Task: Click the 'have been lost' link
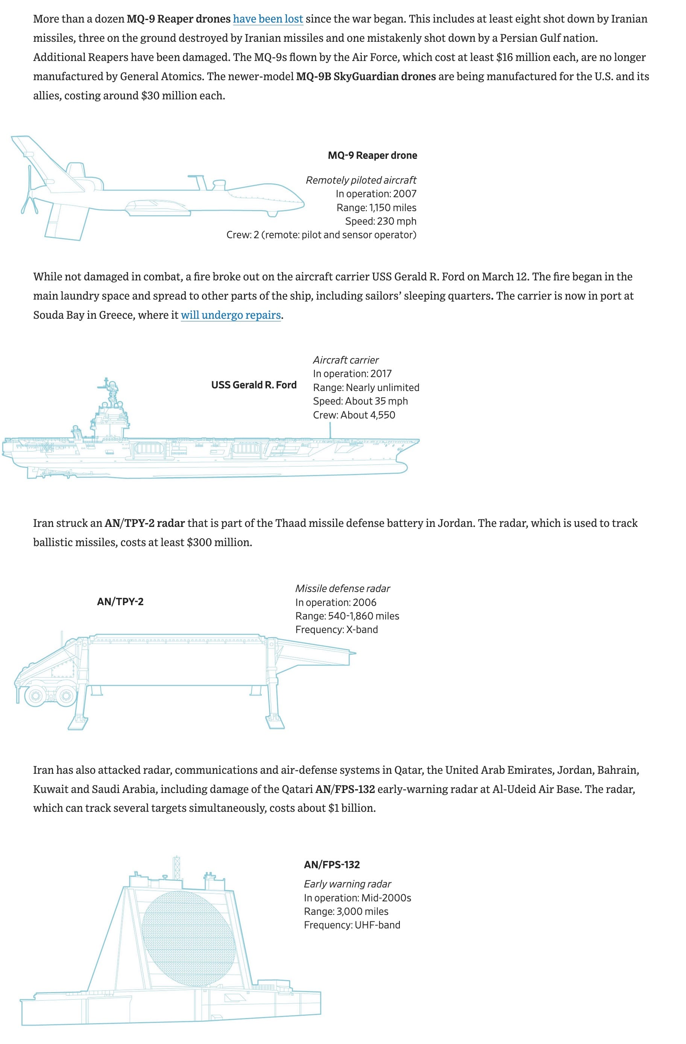[268, 19]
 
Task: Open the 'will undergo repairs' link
[231, 315]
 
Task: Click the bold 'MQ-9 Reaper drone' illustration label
[372, 155]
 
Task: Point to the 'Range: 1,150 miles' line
[376, 207]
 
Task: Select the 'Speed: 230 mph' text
[381, 221]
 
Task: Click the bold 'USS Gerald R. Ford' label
[254, 385]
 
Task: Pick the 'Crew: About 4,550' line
[354, 415]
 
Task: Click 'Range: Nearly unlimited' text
[366, 387]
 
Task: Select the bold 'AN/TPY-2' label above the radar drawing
[120, 601]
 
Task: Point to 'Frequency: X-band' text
[336, 630]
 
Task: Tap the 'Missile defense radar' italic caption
[342, 588]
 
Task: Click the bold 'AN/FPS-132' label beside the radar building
[332, 864]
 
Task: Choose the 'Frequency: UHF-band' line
[352, 925]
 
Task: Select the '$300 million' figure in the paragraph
[219, 542]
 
